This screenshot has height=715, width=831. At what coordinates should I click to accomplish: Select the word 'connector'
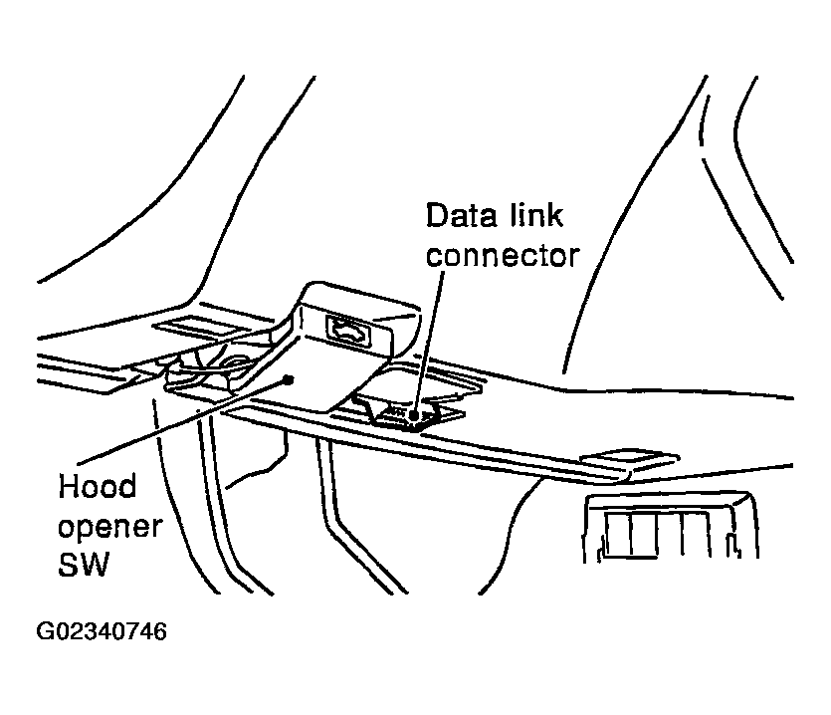tap(503, 255)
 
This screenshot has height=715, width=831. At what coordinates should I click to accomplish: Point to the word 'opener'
tap(108, 527)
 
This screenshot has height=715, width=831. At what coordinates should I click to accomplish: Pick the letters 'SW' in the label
tap(85, 566)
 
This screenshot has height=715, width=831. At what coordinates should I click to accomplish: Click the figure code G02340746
tap(101, 632)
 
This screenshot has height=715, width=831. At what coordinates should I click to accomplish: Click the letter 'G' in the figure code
tap(45, 632)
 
